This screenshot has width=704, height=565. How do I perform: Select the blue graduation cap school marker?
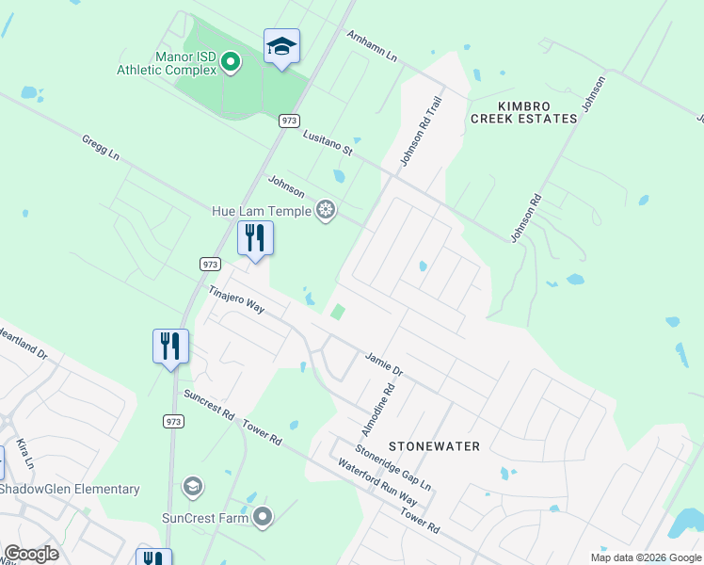(x=281, y=46)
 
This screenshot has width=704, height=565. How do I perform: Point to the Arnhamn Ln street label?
(x=373, y=46)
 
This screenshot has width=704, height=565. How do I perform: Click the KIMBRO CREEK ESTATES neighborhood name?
(x=523, y=112)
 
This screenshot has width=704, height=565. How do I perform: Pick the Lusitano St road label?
(x=328, y=143)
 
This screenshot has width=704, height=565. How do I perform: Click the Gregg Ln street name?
(x=101, y=147)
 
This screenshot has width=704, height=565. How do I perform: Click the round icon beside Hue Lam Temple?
(x=326, y=210)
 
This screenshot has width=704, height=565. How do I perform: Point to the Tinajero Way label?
(x=237, y=299)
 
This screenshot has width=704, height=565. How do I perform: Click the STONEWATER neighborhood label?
(x=435, y=446)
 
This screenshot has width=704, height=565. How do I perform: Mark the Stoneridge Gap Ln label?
(x=393, y=468)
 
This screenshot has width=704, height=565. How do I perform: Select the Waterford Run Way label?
(x=376, y=482)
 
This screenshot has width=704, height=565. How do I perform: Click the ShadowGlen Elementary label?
(x=70, y=489)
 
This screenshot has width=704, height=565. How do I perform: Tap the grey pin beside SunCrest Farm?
(x=263, y=517)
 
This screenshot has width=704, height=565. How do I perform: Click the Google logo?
(x=31, y=554)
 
